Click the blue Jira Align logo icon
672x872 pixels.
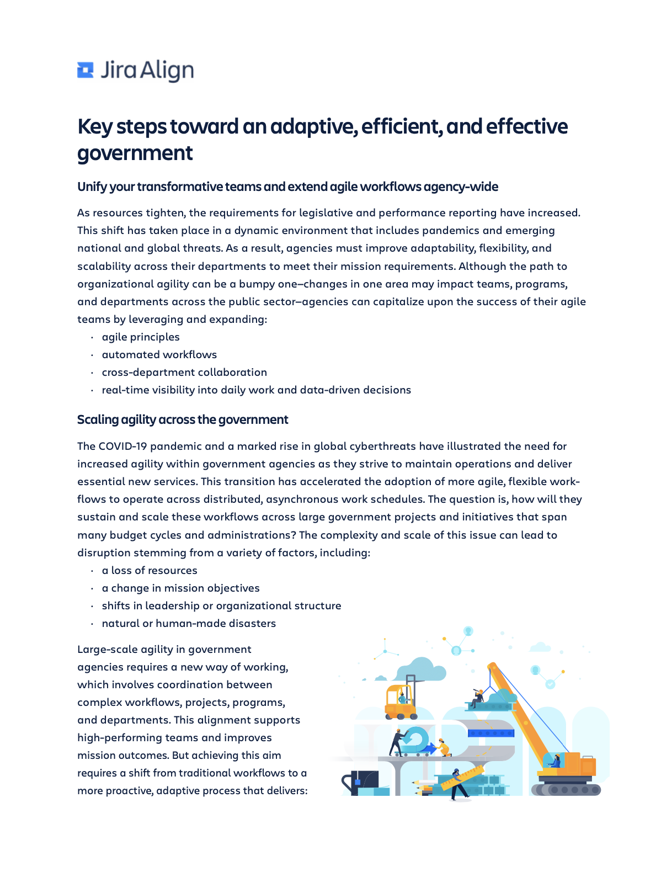point(86,70)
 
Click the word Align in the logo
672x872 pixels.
point(167,71)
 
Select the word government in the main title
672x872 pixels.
point(135,153)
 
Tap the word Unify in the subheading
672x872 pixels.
point(92,187)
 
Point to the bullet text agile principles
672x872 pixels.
point(141,337)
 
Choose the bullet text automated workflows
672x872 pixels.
point(159,354)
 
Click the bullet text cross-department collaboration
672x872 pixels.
point(184,372)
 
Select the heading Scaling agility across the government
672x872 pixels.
point(183,419)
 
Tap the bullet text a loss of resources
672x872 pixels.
point(150,570)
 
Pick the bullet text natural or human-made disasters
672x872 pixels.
point(189,623)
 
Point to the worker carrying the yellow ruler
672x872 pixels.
point(457,784)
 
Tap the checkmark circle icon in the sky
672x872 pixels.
point(550,684)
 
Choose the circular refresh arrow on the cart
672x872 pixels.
point(417,738)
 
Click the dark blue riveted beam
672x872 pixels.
point(491,733)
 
